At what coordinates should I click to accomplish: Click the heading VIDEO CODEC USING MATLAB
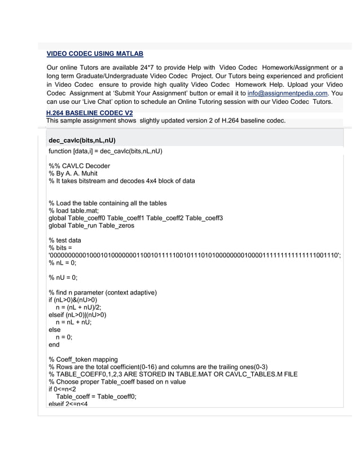tap(95, 54)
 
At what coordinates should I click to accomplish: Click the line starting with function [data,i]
tap(106, 151)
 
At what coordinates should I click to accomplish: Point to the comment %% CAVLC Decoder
tap(80, 166)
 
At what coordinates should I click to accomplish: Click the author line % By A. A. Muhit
tap(73, 174)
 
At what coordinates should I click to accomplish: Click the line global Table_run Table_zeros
tap(91, 226)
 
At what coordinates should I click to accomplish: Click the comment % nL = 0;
tap(63, 263)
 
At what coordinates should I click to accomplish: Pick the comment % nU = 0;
tap(63, 278)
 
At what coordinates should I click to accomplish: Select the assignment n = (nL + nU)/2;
tap(78, 307)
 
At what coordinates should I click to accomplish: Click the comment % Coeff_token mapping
tap(83, 359)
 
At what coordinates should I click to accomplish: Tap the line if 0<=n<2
tap(62, 389)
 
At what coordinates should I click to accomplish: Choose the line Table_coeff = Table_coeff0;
tap(96, 397)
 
